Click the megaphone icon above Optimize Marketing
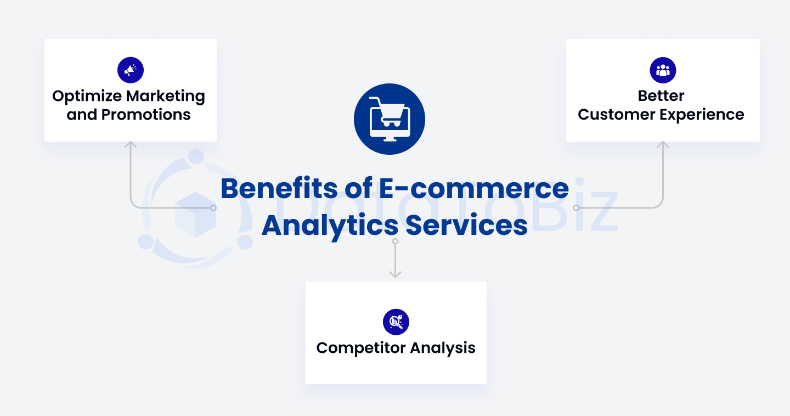[131, 70]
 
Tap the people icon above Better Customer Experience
[663, 70]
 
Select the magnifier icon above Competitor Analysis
[396, 322]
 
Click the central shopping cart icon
[390, 119]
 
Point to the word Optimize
[87, 97]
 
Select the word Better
[661, 96]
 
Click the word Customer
[612, 115]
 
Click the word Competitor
[360, 348]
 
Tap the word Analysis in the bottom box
[443, 348]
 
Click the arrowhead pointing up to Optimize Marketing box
[131, 144]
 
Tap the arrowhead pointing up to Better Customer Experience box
[663, 144]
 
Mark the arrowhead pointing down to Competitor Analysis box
[395, 274]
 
